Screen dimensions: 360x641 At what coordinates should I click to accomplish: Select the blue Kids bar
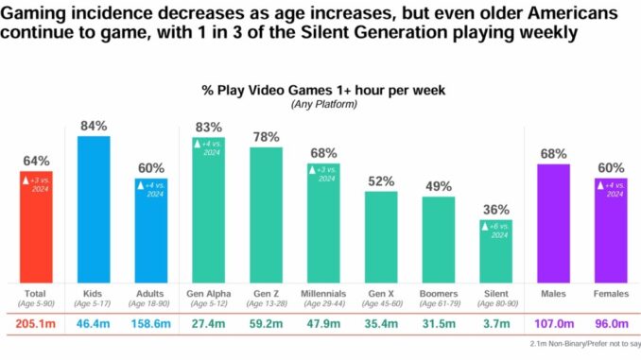[94, 209]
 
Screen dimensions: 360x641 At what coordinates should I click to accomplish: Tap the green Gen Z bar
[266, 214]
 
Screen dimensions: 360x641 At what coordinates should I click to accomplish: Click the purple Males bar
[554, 223]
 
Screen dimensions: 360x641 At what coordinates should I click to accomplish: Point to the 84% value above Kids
[94, 126]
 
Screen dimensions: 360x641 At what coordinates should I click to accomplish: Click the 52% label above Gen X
[381, 181]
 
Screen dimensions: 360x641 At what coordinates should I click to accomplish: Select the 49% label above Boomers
[439, 186]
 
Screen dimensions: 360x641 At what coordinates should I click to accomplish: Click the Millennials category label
[323, 294]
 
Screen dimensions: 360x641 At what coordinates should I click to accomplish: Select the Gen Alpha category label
[209, 294]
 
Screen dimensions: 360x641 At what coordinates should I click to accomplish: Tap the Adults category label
[151, 294]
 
